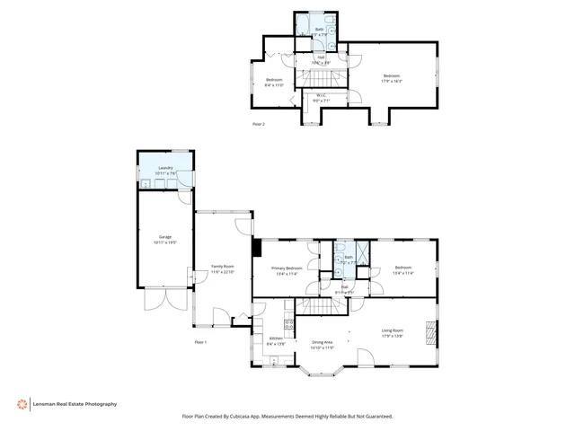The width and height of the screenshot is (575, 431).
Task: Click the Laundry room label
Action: click(164, 169)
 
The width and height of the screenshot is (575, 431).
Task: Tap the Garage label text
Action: click(164, 239)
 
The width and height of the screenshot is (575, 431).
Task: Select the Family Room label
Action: click(223, 268)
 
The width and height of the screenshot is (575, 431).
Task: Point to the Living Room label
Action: click(393, 332)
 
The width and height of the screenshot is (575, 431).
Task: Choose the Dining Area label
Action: click(323, 343)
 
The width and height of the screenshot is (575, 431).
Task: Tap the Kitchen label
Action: click(277, 340)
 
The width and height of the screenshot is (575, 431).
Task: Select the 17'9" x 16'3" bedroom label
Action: click(393, 77)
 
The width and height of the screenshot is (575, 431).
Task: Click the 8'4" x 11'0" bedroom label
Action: click(274, 83)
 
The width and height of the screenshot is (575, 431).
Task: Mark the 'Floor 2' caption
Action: click(259, 125)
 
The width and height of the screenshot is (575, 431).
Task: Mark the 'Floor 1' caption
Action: click(200, 342)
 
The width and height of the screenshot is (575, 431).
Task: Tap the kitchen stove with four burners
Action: click(289, 327)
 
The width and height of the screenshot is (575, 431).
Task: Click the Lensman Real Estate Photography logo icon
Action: click(22, 404)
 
